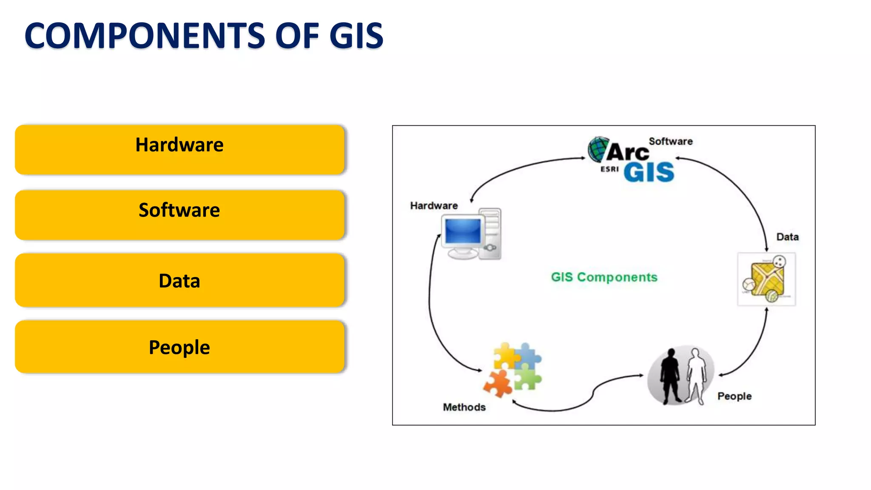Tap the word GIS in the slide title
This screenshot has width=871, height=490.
click(356, 36)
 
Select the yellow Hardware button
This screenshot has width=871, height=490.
click(179, 149)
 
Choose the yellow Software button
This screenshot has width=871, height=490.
click(179, 215)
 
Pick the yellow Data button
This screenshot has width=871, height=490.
click(179, 280)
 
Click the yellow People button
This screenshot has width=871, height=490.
click(179, 347)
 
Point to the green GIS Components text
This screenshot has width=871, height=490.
click(604, 277)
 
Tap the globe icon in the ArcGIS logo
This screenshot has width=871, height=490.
click(598, 149)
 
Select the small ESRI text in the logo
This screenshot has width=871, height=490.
click(609, 169)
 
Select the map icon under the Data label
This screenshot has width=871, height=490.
click(766, 279)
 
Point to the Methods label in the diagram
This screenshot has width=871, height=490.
click(464, 407)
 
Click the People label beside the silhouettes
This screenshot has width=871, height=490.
click(734, 396)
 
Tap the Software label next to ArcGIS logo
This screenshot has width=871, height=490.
click(671, 142)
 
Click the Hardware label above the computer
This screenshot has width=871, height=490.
click(434, 206)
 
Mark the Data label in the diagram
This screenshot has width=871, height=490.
click(787, 237)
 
